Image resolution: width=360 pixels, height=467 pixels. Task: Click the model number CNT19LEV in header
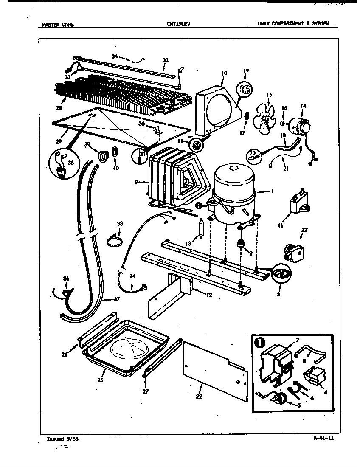point(179,24)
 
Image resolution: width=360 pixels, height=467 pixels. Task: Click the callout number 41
point(280,225)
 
